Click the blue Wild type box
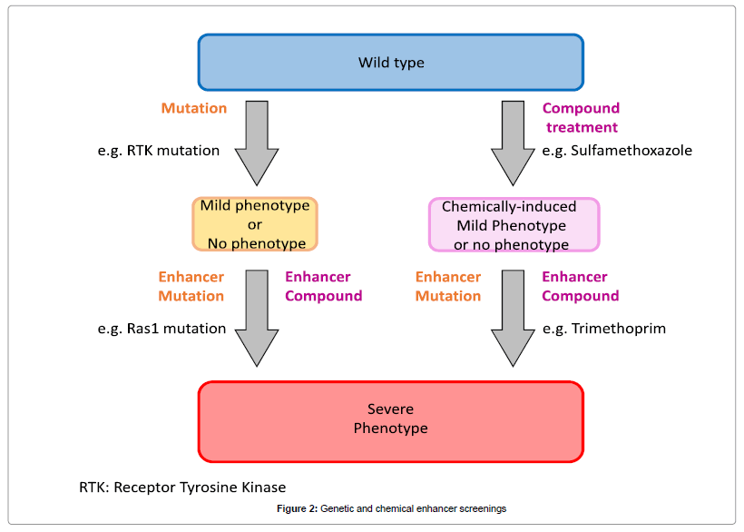coord(390,63)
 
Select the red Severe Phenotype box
coord(390,420)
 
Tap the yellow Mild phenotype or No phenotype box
coord(255,224)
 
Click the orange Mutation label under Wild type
coord(194,108)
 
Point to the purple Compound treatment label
coord(581,118)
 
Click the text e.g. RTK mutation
coord(159,151)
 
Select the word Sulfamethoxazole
coord(631,151)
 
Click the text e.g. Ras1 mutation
coord(162,329)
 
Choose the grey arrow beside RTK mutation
coord(257,141)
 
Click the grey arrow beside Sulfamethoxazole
coord(514,141)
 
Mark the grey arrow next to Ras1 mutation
coord(257,318)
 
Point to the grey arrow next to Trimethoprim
coord(514,318)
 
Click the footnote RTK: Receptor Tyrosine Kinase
coord(182,488)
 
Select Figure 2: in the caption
coord(297,508)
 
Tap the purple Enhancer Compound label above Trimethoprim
coord(581,286)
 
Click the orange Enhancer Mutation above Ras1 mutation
coord(191,286)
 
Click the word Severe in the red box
coord(390,410)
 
